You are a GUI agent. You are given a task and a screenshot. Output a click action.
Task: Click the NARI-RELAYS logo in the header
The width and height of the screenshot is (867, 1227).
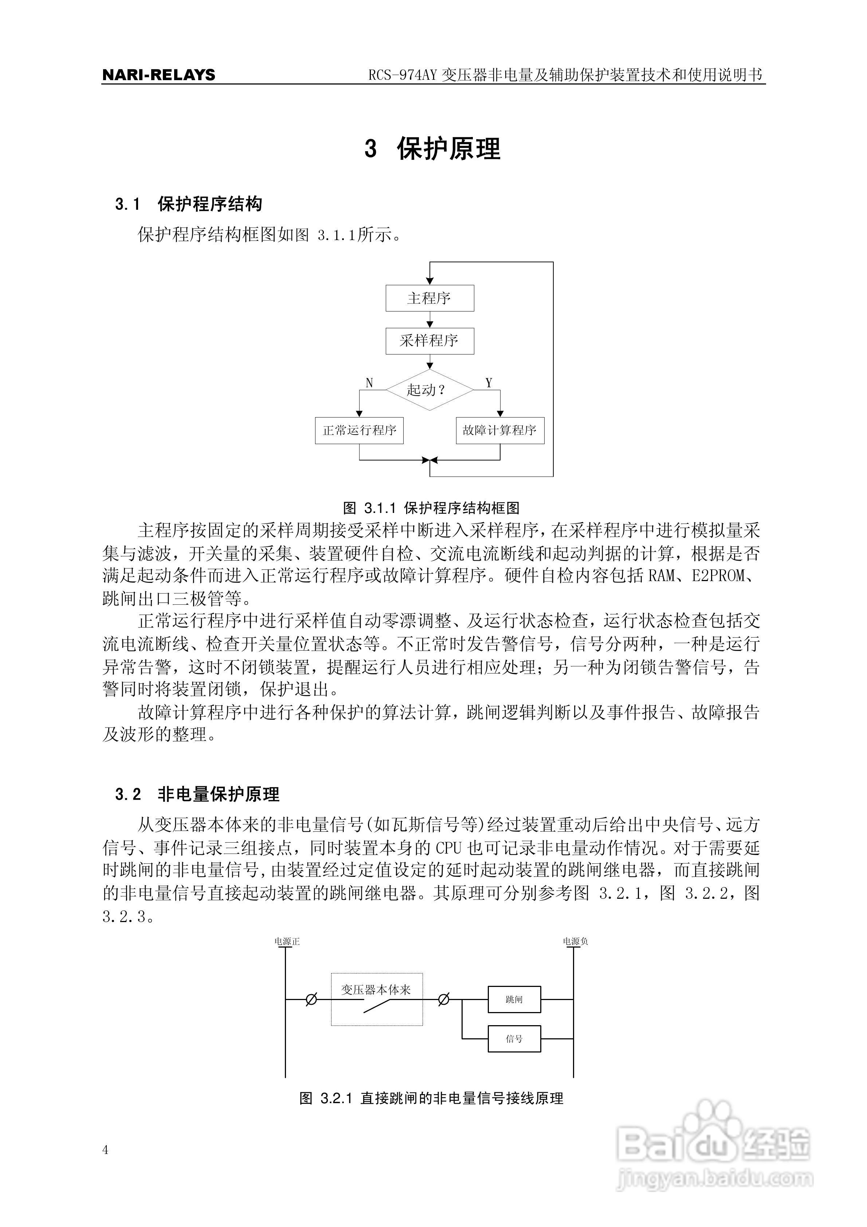(159, 75)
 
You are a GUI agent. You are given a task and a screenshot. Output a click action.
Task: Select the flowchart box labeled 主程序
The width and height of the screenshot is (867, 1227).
(430, 298)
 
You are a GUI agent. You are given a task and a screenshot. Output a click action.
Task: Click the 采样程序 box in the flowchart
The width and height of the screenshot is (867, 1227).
(430, 341)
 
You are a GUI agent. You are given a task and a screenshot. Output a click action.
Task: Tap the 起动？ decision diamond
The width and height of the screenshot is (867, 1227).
(430, 390)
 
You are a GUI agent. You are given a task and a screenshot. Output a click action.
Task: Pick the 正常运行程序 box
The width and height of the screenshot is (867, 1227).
(359, 431)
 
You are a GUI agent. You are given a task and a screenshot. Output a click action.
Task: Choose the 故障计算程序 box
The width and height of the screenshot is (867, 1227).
(500, 431)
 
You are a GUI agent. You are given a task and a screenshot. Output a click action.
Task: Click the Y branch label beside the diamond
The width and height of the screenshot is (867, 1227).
(489, 383)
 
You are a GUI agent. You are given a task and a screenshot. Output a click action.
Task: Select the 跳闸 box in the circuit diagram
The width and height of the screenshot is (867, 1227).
(514, 999)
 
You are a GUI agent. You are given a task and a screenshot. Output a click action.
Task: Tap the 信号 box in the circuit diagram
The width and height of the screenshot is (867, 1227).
(514, 1039)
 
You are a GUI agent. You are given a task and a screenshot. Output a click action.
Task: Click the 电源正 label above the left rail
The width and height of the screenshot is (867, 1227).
(287, 942)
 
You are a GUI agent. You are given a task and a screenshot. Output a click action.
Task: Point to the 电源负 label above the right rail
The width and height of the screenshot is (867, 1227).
(575, 942)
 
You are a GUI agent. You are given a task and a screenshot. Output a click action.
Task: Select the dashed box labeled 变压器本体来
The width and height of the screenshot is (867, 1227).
(377, 999)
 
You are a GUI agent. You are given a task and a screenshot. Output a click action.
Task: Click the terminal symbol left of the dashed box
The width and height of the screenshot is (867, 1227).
(311, 999)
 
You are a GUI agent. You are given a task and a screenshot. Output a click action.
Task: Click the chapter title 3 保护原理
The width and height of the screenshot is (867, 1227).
(433, 149)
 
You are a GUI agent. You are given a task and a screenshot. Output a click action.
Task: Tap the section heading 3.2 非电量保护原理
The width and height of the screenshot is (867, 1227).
(197, 795)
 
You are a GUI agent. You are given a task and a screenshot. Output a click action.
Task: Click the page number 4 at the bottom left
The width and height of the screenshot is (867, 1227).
(105, 1150)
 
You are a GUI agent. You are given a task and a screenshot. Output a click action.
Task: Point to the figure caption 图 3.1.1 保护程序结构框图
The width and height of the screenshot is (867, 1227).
(431, 508)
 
